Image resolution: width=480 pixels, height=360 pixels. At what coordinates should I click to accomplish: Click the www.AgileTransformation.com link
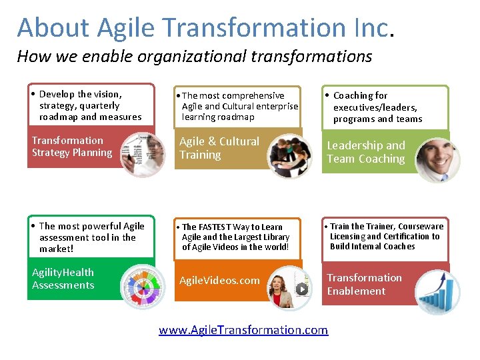point(243,329)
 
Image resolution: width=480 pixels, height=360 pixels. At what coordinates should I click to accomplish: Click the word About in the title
point(53,28)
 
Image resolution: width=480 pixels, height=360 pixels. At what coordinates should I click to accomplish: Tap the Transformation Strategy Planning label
point(72,147)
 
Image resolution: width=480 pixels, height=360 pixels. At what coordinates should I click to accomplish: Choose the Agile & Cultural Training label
point(219,148)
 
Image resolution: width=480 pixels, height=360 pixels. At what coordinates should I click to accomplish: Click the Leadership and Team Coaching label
point(365,152)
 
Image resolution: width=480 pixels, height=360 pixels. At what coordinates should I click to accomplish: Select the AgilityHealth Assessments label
point(63,279)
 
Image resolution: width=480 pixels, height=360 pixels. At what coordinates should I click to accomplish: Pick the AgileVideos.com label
point(219,280)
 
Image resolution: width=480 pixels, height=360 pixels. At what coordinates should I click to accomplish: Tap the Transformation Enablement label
point(364,284)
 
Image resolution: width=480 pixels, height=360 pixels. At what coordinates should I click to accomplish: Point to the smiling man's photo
point(436,159)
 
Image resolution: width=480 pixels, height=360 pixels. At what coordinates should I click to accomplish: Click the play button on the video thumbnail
point(302,289)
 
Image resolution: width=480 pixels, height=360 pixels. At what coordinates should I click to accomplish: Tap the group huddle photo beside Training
point(289,156)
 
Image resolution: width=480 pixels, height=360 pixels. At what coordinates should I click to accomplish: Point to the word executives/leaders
point(375,107)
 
